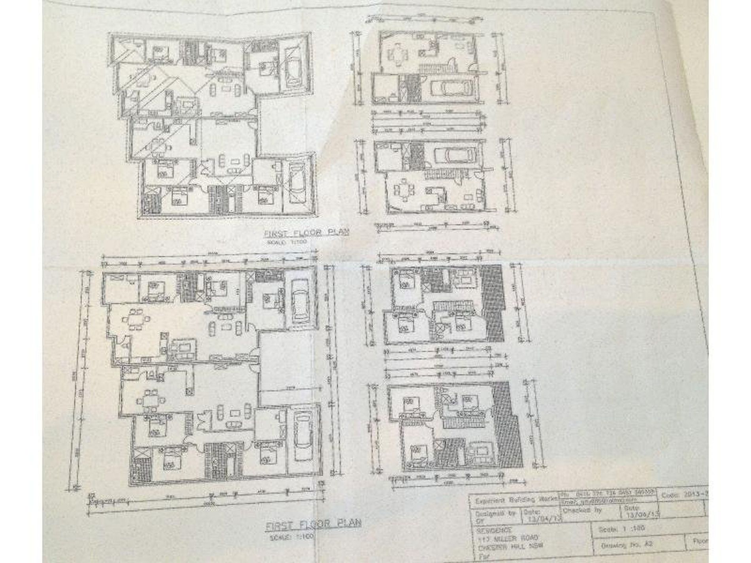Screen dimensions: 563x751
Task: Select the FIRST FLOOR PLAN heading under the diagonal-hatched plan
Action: point(306,232)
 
